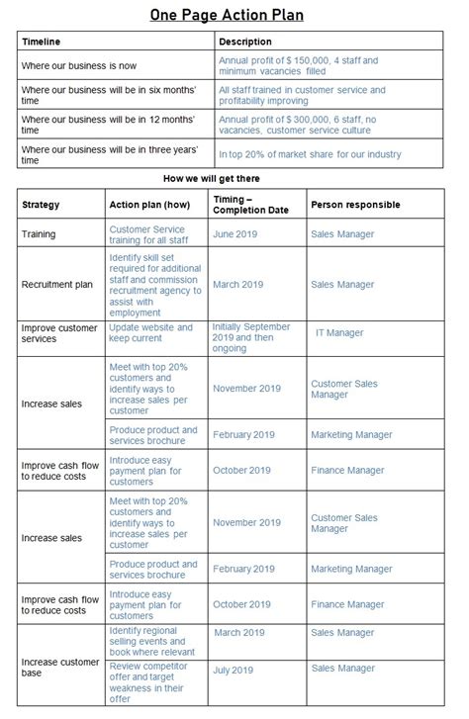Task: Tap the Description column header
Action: pos(245,43)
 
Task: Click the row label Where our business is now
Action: pos(80,66)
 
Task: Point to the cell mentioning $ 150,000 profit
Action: pos(298,66)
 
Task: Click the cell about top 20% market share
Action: pos(310,153)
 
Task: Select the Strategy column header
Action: pos(41,205)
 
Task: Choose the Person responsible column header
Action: pos(355,205)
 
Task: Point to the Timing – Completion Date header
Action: pos(250,205)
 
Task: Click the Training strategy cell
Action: pos(39,234)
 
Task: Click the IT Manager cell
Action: pos(339,334)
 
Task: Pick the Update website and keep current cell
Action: pos(150,333)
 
